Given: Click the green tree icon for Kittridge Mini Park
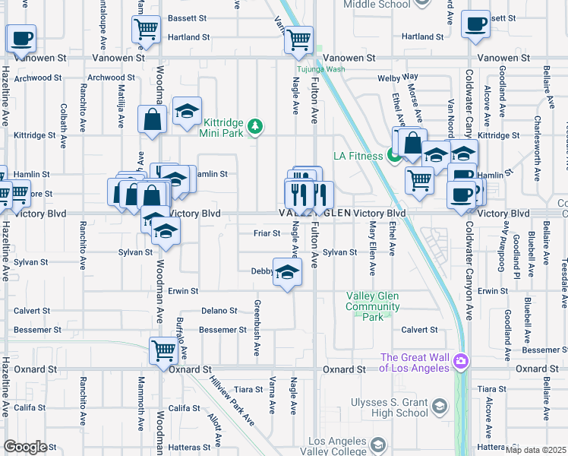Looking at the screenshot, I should pyautogui.click(x=257, y=126).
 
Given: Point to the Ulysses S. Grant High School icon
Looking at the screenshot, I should pyautogui.click(x=439, y=407).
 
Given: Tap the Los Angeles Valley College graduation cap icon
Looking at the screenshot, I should pyautogui.click(x=379, y=443).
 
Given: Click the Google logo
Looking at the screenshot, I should pyautogui.click(x=25, y=447).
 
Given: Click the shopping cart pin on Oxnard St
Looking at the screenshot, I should pyautogui.click(x=163, y=351).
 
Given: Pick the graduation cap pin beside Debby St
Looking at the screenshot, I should pyautogui.click(x=286, y=274).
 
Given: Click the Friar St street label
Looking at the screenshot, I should pyautogui.click(x=267, y=233).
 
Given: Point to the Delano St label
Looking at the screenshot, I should pyautogui.click(x=219, y=310).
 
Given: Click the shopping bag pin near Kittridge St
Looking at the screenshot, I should pyautogui.click(x=153, y=120).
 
